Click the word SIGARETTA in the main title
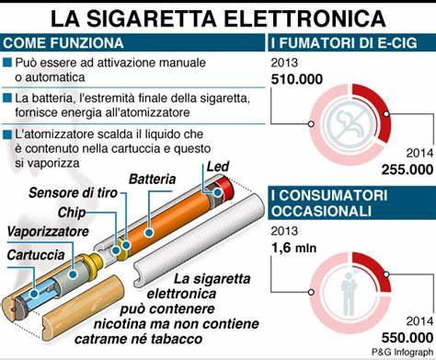tap(154, 17)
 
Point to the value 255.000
tap(407, 168)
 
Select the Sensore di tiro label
tap(75, 194)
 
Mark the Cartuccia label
tap(36, 253)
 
